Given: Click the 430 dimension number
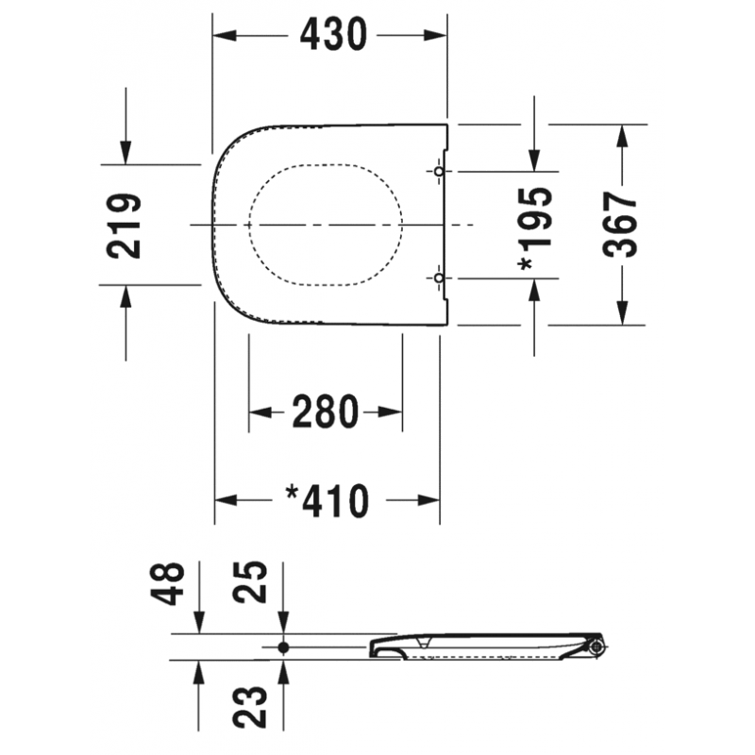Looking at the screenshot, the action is click(333, 35).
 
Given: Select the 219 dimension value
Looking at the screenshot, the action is click(124, 226).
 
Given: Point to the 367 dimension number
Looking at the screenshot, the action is click(620, 225).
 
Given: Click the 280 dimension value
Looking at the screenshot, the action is click(326, 411).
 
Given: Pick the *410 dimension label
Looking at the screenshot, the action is click(327, 501).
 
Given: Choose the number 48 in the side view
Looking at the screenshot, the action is click(167, 583).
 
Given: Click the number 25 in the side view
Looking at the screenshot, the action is click(250, 581).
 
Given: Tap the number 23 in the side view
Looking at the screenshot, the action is click(250, 706).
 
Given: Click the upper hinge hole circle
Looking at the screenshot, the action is click(439, 171).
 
